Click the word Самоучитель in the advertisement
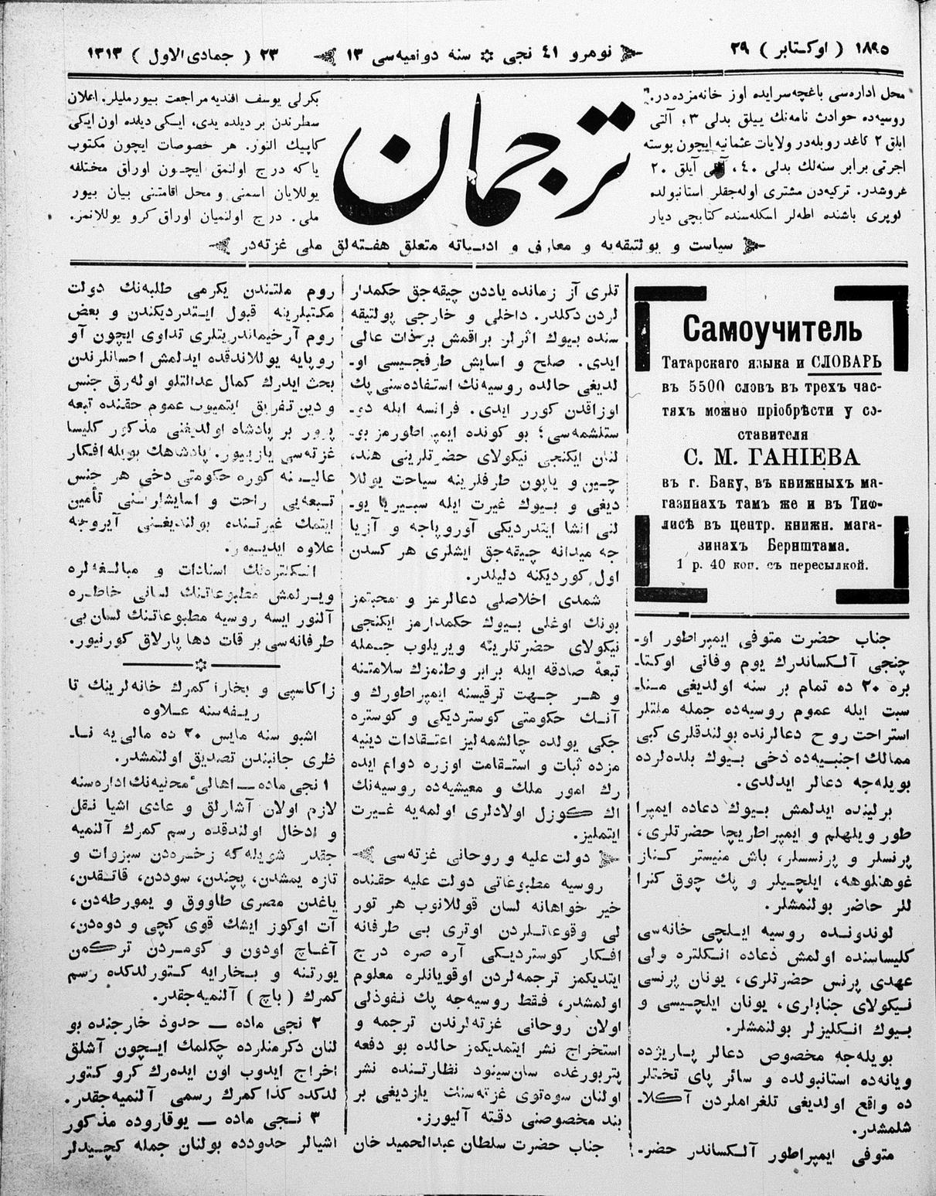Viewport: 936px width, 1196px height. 771,330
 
